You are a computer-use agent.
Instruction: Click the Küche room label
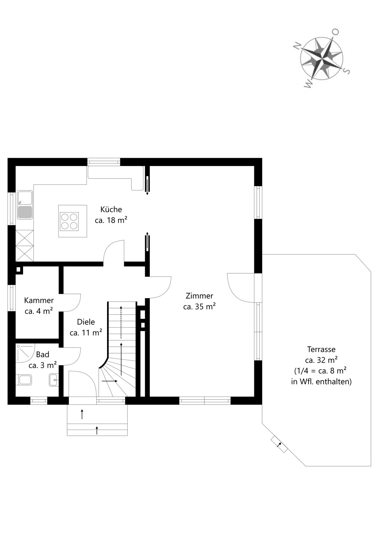coord(111,209)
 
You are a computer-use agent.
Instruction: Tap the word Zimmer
coord(199,296)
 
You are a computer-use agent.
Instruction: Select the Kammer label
coord(39,300)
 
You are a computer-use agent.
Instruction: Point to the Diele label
coord(86,322)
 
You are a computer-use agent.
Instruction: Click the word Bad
coord(43,355)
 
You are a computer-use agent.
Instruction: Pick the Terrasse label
coord(321,349)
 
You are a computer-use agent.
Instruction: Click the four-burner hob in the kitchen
coord(69,221)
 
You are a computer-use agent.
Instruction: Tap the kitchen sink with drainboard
coord(25,205)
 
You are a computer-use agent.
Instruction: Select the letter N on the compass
coord(297,45)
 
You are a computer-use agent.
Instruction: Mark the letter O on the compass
coord(335,32)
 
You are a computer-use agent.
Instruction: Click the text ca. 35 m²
coord(199,307)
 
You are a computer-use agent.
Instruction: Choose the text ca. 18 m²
coord(111,220)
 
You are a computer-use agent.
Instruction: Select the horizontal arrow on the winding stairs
coord(110,381)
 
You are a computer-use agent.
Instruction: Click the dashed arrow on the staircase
coord(121,322)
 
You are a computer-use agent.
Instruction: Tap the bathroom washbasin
coord(53,380)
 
